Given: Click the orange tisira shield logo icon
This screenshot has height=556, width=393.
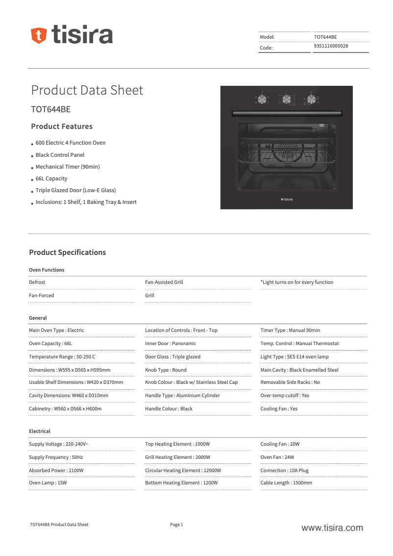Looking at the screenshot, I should coord(39,35).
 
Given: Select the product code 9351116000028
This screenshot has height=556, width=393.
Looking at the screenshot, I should coord(331,46).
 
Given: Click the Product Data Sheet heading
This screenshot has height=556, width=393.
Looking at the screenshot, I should coord(87,90).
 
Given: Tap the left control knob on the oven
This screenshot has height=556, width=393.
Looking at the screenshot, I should coord(262,100).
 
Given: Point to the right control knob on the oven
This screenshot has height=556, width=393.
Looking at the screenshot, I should coord(311,100).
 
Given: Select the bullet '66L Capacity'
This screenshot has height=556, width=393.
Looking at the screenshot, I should coord(51,179).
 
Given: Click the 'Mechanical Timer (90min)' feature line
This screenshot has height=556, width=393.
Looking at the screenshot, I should coord(68,167).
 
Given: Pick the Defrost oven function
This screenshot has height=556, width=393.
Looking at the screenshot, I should coord(37,282).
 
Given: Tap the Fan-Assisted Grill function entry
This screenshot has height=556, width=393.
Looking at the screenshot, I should coord(164,282).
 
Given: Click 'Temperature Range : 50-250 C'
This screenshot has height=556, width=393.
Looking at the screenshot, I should coord(62,357).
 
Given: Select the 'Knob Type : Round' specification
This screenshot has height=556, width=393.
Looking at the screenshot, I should coord(166,370).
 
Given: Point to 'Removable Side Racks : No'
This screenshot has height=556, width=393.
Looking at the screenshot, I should coord(290,382).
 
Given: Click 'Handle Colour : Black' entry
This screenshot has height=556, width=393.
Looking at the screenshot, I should coord(169,409).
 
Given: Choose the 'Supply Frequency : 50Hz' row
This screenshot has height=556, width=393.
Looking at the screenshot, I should coord(56,457).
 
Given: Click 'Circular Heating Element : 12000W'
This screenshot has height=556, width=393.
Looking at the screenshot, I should coord(183,471).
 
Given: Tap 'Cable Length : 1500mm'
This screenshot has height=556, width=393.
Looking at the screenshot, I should coord(286,483).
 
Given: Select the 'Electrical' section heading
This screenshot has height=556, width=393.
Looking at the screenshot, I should coord(40,431).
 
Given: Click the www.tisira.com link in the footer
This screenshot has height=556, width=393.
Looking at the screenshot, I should coord(332,528).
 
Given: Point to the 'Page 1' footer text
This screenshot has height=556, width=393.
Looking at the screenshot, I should coord(176,525).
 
